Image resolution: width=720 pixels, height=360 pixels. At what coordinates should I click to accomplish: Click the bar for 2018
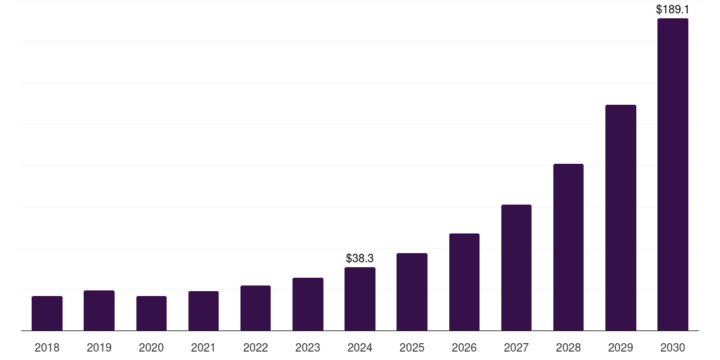tap(47, 314)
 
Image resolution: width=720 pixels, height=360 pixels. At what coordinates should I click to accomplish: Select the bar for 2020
tap(151, 314)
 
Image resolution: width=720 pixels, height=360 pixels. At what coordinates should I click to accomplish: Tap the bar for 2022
tap(255, 308)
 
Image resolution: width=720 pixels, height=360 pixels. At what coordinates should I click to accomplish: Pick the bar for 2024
tap(360, 299)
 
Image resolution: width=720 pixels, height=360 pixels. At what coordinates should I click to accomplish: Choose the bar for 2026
tap(464, 282)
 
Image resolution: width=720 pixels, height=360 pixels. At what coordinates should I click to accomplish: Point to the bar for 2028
tap(568, 247)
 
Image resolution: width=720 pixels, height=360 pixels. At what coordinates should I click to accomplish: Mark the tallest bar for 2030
tap(673, 174)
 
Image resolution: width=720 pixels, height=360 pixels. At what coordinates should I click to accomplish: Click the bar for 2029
tap(621, 218)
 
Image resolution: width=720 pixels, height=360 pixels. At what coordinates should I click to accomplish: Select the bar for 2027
tap(516, 268)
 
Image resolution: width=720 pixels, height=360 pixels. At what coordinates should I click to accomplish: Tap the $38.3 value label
tap(360, 259)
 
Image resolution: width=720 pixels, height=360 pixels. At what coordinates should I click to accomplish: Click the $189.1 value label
tap(673, 10)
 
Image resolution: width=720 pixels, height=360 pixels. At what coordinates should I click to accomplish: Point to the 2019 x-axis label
tap(99, 347)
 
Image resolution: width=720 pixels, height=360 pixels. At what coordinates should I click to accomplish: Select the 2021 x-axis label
tap(203, 347)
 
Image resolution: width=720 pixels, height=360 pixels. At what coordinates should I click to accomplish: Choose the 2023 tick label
tap(308, 347)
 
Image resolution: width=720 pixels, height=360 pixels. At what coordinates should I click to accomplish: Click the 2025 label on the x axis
tap(412, 347)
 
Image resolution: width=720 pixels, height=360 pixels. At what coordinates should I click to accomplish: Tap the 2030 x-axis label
tap(673, 347)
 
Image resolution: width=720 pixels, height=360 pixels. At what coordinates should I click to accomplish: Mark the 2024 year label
tap(360, 347)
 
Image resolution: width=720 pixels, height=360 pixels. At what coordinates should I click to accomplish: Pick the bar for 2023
tap(308, 304)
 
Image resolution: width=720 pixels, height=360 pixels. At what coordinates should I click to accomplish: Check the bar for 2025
tap(412, 292)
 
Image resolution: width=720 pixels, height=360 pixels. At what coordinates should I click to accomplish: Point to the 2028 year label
tap(568, 347)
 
